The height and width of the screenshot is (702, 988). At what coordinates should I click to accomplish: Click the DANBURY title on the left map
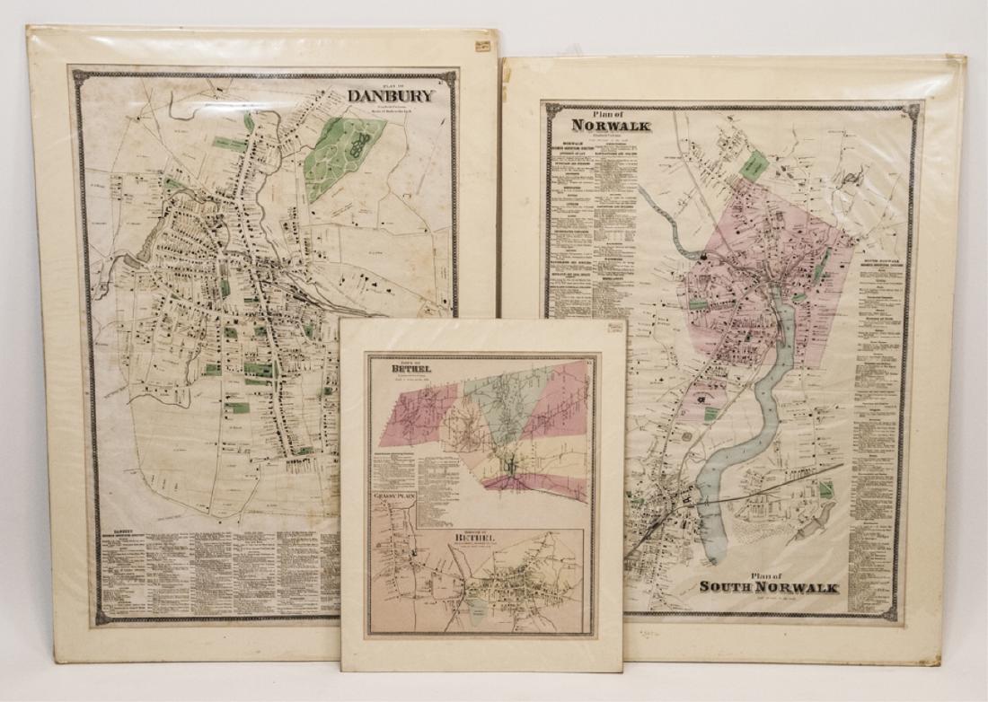coord(390,95)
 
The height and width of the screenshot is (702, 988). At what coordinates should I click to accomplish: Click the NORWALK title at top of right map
coord(610,125)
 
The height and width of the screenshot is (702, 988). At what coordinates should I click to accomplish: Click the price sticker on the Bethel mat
coord(615,328)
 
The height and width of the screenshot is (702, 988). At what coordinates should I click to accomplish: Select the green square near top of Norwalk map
coord(754,164)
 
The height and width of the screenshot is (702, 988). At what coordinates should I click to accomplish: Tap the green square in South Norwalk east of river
coord(825,490)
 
